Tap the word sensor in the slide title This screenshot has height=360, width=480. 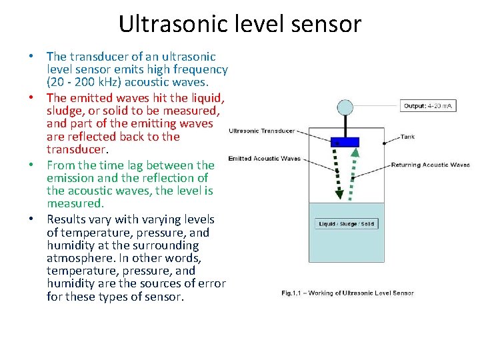(331, 24)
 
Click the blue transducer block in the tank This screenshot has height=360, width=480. (345, 142)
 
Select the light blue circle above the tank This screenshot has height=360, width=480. (345, 106)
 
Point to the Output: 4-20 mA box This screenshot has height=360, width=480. (429, 106)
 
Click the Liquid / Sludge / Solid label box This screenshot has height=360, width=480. (347, 224)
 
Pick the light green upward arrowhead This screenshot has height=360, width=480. (356, 152)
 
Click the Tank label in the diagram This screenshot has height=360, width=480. (407, 137)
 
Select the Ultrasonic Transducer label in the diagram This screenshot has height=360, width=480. (261, 131)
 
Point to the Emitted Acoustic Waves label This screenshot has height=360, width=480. (264, 159)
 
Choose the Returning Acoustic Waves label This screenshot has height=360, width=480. (430, 165)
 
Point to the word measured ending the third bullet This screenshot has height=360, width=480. (75, 204)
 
